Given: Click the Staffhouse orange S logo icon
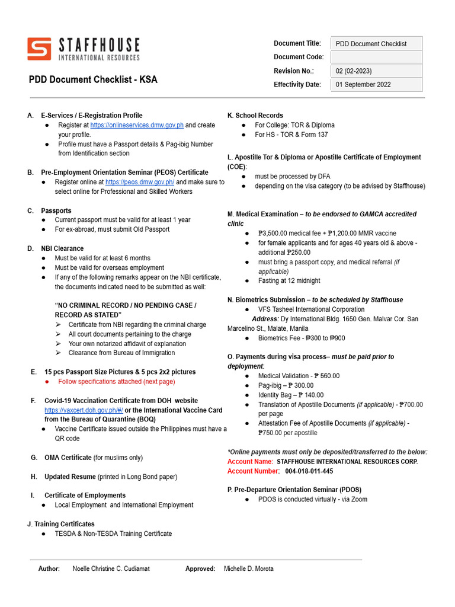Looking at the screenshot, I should coord(40,49).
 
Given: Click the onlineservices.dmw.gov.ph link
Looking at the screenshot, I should coord(137,125).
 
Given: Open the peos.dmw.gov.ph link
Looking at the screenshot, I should coord(140,182).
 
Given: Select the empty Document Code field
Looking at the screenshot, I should coord(376,57).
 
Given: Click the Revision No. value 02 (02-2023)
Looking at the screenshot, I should coord(354,71).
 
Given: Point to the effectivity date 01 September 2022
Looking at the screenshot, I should coord(363,85).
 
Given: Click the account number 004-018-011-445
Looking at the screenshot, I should coord(309,471).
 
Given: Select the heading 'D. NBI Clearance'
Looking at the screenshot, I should coord(55,248).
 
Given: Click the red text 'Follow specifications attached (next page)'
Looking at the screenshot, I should coord(117,382).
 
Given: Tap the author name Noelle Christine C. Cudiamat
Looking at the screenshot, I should coord(111,568).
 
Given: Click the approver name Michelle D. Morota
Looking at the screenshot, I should coord(248,568).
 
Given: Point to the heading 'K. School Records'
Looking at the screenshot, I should coord(255,116).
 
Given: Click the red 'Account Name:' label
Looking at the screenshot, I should coord(250,462).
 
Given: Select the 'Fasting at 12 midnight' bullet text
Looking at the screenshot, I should coord(289,281).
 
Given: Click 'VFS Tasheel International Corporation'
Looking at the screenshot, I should coord(311,309).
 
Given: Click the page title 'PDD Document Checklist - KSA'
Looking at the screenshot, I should coord(93,79).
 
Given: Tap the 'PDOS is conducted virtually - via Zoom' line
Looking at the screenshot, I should coord(312,500).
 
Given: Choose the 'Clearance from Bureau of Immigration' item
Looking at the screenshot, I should coord(121,353).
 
